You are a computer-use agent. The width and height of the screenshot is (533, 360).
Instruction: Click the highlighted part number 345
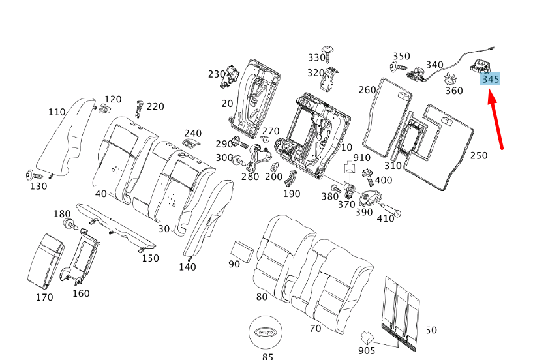coord(491,79)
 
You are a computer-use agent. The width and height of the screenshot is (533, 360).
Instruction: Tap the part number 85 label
coord(267,357)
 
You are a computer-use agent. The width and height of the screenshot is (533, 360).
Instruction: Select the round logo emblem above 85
coord(267,331)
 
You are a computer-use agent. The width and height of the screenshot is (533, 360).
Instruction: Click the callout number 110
coord(57,112)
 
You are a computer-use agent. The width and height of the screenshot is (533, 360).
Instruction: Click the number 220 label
coord(155,107)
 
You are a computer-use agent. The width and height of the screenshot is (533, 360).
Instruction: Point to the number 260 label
coord(367,89)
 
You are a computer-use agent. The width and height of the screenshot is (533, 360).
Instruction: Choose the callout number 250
coord(479,155)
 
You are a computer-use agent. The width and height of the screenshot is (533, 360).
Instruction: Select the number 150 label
coord(151,258)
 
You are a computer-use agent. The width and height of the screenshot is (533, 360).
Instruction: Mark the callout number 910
coord(361,158)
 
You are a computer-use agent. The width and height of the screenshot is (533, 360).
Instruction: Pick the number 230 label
coord(217,74)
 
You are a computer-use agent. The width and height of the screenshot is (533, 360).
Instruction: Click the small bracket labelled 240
coord(190,143)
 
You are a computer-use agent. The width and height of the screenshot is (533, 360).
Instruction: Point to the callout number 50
coord(431,331)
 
